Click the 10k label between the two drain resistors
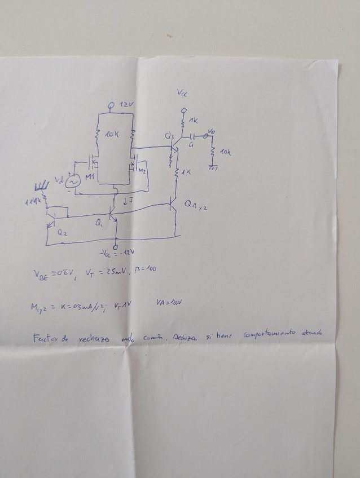[111, 134]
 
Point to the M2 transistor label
[143, 170]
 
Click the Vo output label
[212, 131]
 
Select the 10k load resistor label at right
[226, 152]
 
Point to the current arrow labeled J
[129, 200]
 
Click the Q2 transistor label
[60, 231]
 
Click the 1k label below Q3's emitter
[187, 171]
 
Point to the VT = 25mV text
[102, 271]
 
